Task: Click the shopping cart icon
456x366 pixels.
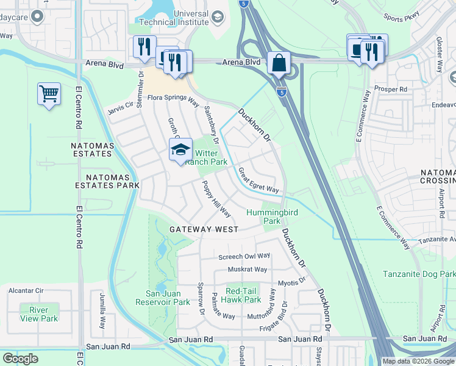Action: click(x=49, y=94)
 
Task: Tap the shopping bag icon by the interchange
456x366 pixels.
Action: click(x=279, y=62)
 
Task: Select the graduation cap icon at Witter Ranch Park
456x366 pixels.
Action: click(x=180, y=149)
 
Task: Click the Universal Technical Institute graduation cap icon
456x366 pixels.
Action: click(x=216, y=18)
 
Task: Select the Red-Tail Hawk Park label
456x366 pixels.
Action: click(x=243, y=295)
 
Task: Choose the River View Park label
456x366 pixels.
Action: click(x=38, y=314)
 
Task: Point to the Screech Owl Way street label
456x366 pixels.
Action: click(x=244, y=256)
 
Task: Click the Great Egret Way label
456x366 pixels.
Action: click(x=258, y=181)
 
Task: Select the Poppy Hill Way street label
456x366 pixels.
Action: click(x=216, y=199)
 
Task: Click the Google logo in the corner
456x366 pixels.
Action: click(x=20, y=359)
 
